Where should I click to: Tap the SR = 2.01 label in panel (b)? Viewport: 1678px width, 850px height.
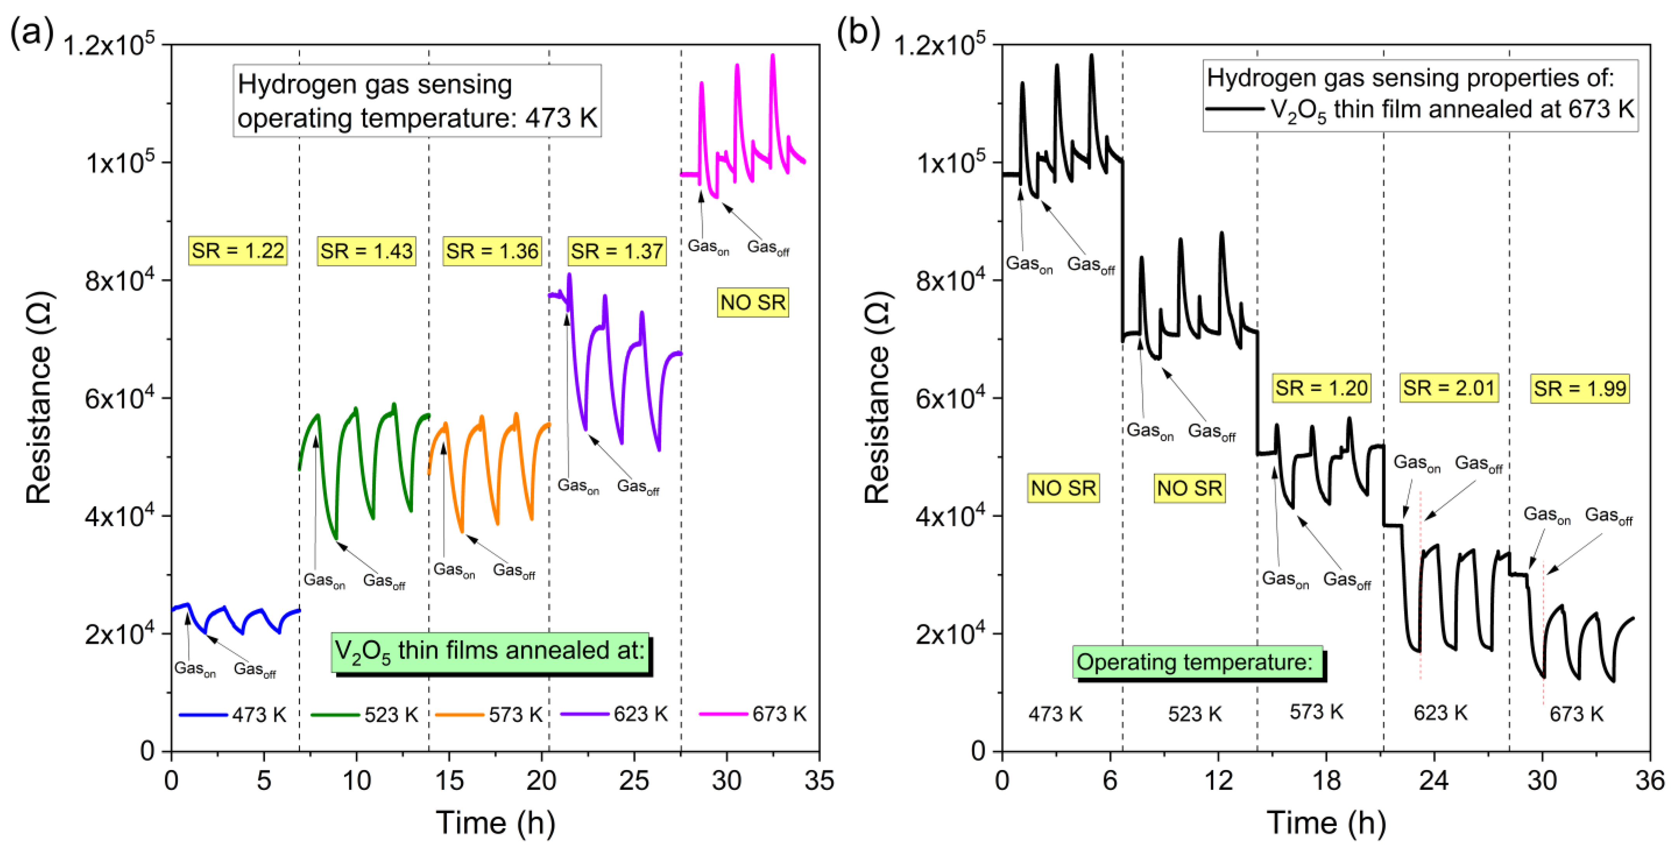[x=1449, y=388]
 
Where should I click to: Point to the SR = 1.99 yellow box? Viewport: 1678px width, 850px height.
[x=1580, y=389]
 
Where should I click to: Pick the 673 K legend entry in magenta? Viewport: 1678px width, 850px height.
[x=754, y=715]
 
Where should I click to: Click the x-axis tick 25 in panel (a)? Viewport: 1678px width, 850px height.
[x=634, y=780]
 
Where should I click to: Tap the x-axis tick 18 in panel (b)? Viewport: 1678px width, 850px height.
[x=1326, y=780]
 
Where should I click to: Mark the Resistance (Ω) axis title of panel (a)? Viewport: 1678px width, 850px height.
[x=39, y=397]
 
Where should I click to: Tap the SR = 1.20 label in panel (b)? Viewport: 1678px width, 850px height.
[x=1321, y=388]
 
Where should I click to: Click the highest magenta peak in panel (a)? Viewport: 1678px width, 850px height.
[x=772, y=56]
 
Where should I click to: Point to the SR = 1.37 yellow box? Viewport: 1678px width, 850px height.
[x=617, y=251]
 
